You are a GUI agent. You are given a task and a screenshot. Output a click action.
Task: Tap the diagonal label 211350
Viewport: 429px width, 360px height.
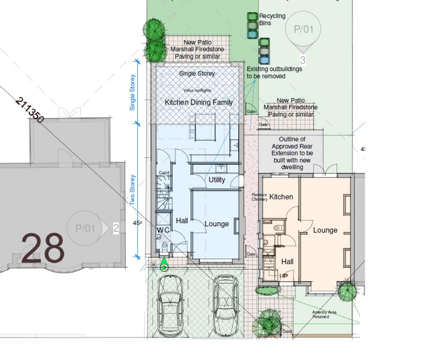[30, 110]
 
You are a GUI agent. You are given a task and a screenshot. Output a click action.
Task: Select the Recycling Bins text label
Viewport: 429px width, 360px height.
[272, 19]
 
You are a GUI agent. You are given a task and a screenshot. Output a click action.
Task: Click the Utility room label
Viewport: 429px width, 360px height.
[217, 180]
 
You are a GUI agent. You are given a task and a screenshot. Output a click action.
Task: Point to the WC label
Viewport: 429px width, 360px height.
[163, 230]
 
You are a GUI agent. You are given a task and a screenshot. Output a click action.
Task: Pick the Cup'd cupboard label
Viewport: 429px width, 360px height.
[164, 173]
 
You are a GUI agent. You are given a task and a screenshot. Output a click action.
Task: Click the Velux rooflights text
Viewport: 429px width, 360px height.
[197, 90]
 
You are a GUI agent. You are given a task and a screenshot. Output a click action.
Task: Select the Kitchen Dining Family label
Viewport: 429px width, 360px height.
[199, 102]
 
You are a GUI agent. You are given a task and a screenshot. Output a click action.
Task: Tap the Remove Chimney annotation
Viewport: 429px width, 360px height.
[259, 197]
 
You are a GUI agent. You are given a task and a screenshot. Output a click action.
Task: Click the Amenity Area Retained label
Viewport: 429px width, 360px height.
[324, 314]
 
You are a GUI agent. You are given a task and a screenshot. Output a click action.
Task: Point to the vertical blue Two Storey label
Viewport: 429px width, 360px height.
[133, 190]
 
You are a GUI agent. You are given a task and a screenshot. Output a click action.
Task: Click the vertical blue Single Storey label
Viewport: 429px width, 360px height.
[133, 92]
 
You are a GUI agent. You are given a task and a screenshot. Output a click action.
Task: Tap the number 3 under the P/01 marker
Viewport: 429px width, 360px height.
[303, 60]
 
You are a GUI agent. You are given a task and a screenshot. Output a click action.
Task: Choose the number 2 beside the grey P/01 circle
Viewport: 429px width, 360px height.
[116, 228]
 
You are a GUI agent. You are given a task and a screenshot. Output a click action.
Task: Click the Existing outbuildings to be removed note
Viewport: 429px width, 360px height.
[274, 72]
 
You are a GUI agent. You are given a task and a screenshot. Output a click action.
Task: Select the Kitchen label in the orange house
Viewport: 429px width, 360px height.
[281, 197]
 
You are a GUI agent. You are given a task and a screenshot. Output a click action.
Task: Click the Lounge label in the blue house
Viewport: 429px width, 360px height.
[217, 224]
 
